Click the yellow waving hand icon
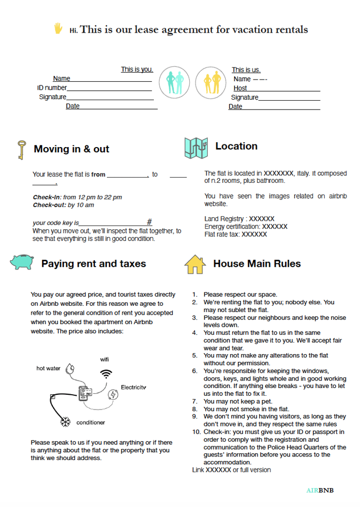coord(58,29)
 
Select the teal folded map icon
coord(196,148)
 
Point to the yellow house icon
coord(194,264)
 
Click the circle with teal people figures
coord(174,83)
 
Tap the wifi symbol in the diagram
coord(106,374)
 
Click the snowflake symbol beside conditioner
coord(66,422)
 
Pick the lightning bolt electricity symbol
coord(113,395)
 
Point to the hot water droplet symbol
coord(70,370)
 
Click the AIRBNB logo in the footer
coord(319,490)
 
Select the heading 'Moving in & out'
coord(71,149)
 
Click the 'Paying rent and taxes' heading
coord(93,264)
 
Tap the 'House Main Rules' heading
coord(257,264)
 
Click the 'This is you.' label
coord(137,70)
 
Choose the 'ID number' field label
coord(52,88)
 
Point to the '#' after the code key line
coord(149,222)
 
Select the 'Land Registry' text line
coord(239,219)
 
